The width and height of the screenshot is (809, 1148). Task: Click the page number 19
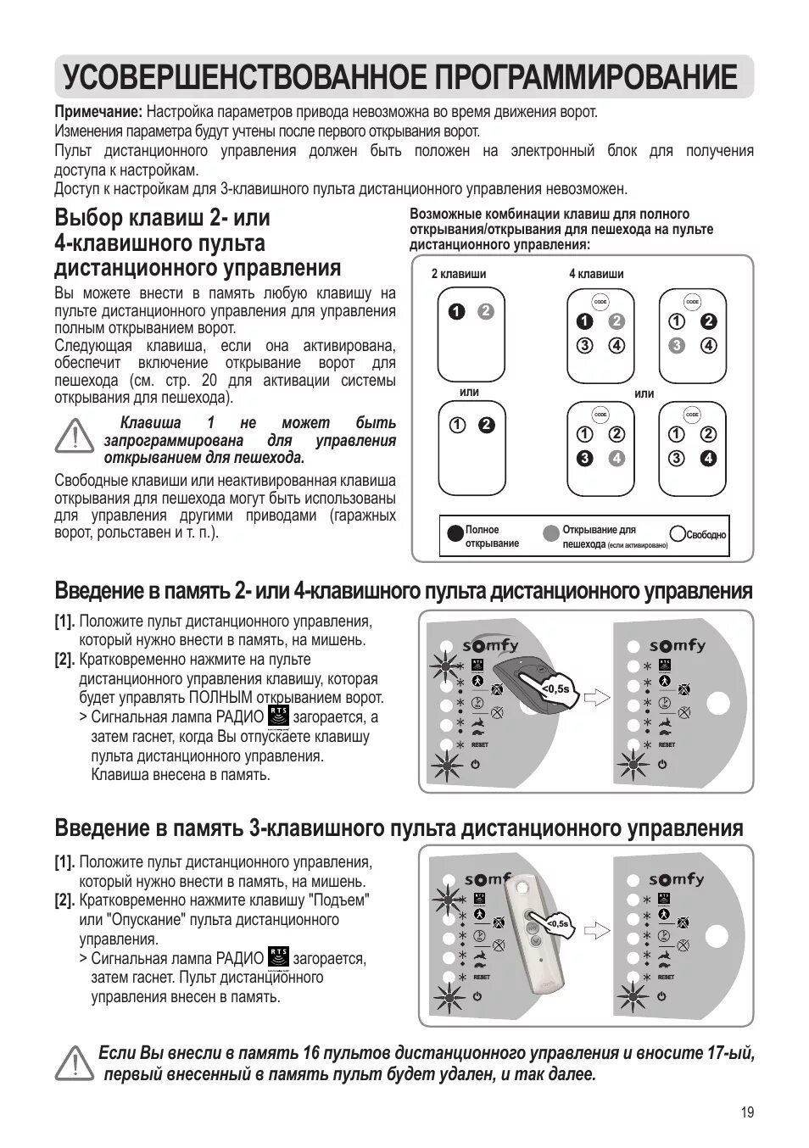click(x=745, y=1113)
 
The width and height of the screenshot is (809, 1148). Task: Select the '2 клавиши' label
click(x=459, y=274)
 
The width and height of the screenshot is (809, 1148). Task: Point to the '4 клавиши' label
click(x=596, y=274)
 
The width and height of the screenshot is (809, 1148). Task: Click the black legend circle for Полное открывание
click(x=455, y=533)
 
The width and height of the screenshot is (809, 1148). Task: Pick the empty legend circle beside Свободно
click(x=678, y=533)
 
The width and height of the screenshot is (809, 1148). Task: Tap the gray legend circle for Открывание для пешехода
click(x=551, y=533)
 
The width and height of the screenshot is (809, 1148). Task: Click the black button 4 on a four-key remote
click(x=709, y=459)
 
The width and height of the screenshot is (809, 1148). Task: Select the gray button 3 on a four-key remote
click(x=676, y=345)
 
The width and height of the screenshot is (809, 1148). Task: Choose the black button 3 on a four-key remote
click(x=583, y=459)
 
